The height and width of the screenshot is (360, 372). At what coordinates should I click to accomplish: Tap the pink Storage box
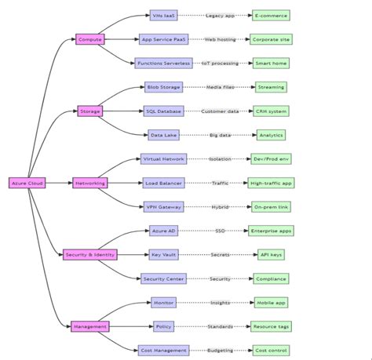coord(89,111)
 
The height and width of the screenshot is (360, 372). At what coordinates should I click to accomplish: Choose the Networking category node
coord(89,183)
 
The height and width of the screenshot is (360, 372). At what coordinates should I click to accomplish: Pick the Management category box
coord(89,326)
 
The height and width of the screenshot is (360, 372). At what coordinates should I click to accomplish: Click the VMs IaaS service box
coord(163,15)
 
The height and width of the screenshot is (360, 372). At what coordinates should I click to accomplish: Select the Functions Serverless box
coord(163,63)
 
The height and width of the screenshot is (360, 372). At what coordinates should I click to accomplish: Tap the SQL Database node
coord(163,111)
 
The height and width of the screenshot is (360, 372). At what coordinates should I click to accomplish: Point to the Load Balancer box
coord(163,183)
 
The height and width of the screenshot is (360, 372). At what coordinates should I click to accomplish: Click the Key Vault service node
coord(163,254)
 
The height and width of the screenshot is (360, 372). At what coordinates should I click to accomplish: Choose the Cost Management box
coord(163,350)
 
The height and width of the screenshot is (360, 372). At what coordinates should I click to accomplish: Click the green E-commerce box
coord(271,15)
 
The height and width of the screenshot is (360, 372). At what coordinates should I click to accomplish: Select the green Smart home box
coord(271,63)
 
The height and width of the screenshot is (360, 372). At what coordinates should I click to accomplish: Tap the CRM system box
coord(271,111)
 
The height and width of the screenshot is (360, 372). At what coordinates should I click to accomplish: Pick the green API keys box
coord(271,254)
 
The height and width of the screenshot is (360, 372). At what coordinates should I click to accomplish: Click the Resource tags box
coord(271,326)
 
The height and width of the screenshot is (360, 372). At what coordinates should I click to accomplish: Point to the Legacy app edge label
coord(221,15)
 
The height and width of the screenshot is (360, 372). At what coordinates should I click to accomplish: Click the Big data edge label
coord(221,135)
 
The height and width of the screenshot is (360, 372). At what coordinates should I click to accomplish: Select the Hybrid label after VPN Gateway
coord(221,206)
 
